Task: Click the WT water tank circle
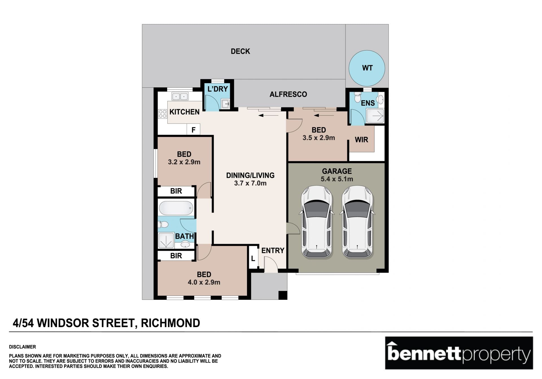367,68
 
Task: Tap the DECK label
241,51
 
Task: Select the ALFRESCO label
288,94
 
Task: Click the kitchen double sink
180,97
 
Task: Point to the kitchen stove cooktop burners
163,114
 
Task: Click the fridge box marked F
193,130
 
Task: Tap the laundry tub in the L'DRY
225,103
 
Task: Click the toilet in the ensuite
358,97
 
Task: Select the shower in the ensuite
375,116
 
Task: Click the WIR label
361,140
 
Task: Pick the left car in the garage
316,222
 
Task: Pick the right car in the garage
357,222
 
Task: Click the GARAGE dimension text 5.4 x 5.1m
337,179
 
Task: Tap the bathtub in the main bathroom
176,208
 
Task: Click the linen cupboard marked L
253,258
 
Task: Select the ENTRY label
273,250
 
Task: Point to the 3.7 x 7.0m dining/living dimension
250,183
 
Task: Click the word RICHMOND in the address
171,323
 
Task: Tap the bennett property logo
459,353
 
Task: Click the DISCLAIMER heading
22,347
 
